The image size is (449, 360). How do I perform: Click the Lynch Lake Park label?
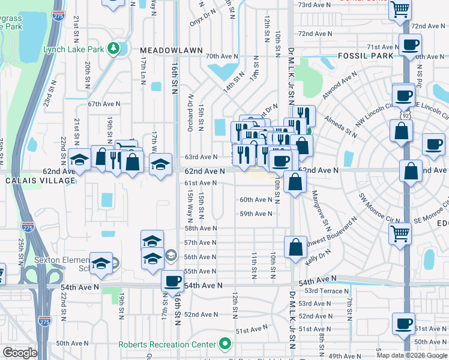(x=73, y=49)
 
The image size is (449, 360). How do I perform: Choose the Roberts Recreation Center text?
(x=166, y=344)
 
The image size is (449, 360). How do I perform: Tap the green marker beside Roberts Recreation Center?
(x=225, y=344)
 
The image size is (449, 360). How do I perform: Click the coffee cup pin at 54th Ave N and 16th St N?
(x=173, y=281)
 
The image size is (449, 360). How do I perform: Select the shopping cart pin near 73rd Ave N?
(x=400, y=10)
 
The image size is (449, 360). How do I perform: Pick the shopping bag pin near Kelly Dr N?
(x=295, y=247)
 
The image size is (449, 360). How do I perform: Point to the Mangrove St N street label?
(x=321, y=209)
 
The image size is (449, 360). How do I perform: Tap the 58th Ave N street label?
(x=200, y=228)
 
